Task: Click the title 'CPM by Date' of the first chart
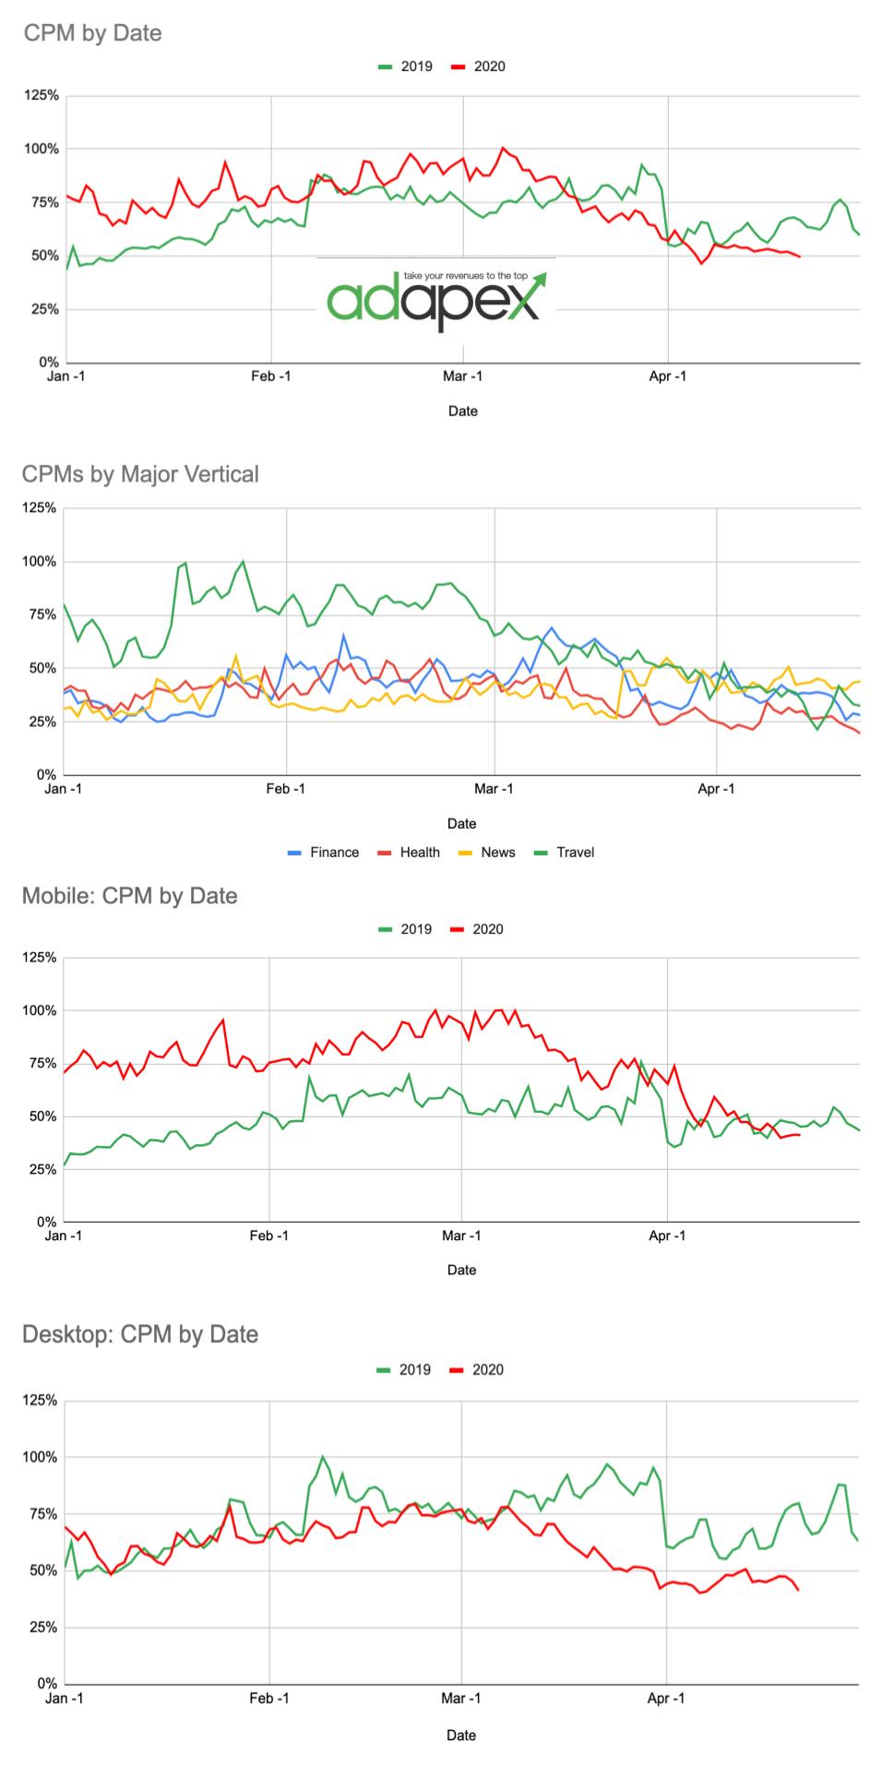[x=92, y=34]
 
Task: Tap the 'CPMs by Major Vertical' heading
[x=140, y=474]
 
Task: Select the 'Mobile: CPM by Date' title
[x=129, y=896]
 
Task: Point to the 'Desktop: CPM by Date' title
[x=139, y=1334]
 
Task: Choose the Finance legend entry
[x=324, y=853]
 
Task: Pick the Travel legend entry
[x=565, y=853]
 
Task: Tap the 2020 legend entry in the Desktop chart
[x=477, y=1370]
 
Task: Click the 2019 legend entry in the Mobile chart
[x=405, y=929]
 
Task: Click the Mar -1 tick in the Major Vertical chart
[x=495, y=789]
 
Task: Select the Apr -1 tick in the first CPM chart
[x=668, y=376]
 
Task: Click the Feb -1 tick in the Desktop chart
[x=269, y=1698]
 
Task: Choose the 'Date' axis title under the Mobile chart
[x=461, y=1270]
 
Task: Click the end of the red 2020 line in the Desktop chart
[x=797, y=1589]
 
